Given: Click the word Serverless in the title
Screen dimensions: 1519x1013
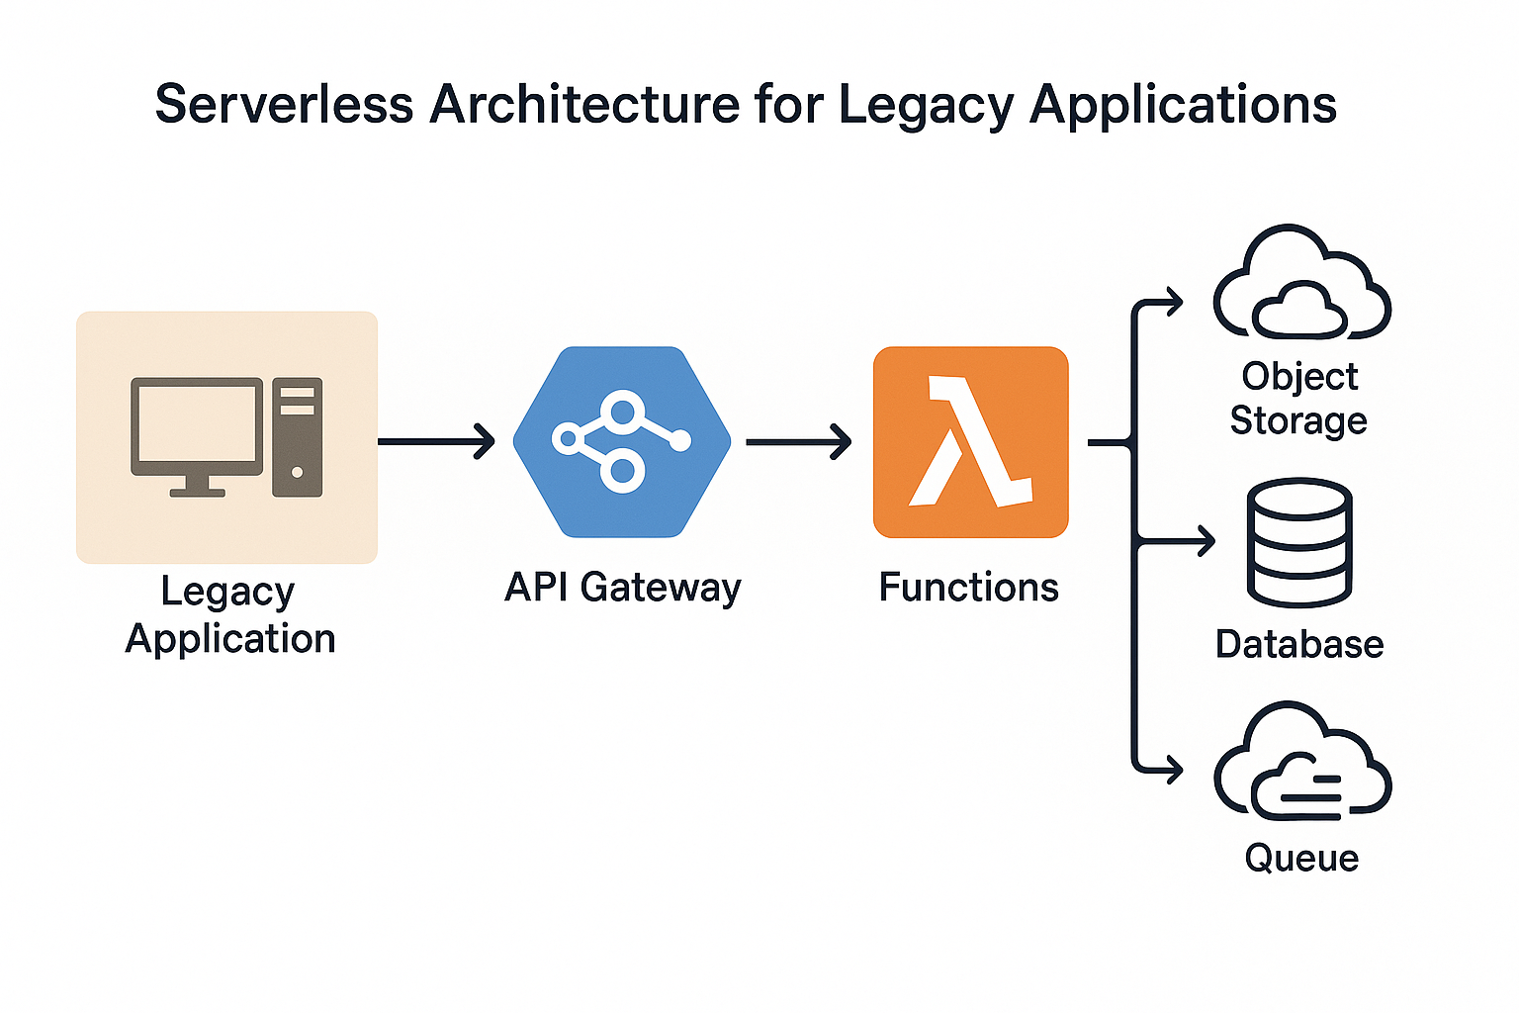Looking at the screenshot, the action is (284, 105).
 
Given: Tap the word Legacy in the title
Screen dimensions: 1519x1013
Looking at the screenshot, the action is (927, 107).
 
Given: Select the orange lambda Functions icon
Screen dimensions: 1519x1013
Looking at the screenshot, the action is (970, 441).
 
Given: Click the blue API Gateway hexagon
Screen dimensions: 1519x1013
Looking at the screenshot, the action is (622, 441).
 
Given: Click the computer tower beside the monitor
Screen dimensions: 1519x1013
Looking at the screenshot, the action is (297, 437).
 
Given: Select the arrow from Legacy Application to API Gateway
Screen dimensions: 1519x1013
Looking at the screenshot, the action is (436, 441).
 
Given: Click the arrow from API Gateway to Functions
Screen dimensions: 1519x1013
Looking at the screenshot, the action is (798, 441).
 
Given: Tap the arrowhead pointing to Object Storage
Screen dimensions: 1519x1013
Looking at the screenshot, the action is (1172, 302).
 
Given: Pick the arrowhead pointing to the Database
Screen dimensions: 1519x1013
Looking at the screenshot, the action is (1206, 541).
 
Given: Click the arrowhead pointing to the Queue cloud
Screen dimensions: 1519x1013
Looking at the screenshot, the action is (1172, 770).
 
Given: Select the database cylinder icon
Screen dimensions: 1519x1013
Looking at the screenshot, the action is (1299, 543).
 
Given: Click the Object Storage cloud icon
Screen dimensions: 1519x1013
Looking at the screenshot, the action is (1302, 281).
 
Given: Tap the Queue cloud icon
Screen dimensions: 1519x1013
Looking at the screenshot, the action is (1302, 760).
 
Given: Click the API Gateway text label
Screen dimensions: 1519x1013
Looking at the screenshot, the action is (622, 588).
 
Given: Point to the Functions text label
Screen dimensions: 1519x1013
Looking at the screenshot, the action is (968, 587).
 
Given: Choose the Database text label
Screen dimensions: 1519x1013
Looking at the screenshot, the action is (1299, 644).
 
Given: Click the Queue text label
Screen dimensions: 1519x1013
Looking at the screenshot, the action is (1302, 859).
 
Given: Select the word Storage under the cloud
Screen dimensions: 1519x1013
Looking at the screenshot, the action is (1298, 420).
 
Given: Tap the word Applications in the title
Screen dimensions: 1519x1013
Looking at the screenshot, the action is (1183, 106).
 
